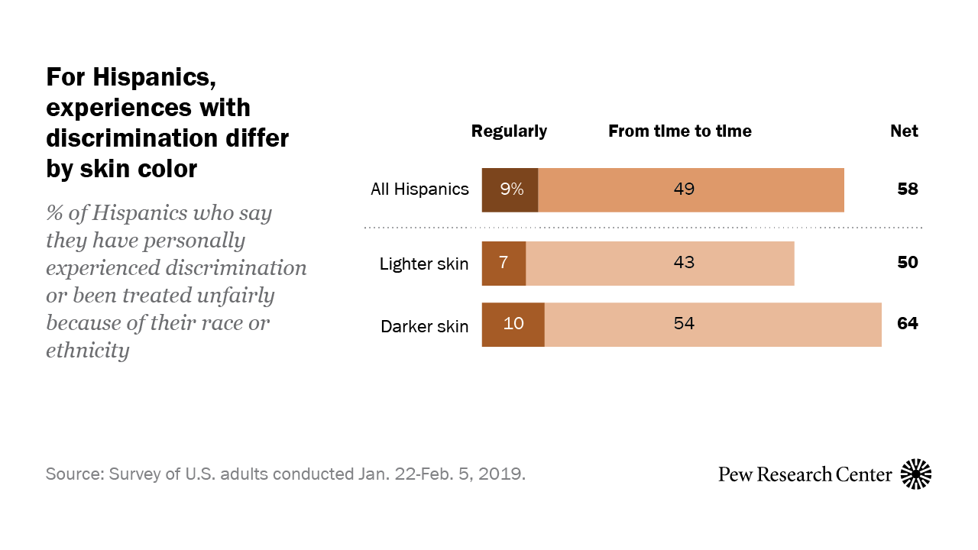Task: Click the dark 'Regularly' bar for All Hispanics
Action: click(x=510, y=189)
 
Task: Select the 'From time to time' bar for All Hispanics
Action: click(x=691, y=189)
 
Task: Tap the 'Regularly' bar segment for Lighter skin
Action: click(x=504, y=264)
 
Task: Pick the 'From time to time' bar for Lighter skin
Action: click(x=660, y=264)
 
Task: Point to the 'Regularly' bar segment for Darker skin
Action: click(x=513, y=325)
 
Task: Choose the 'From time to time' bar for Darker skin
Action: click(x=713, y=325)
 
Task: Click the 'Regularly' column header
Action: click(x=509, y=131)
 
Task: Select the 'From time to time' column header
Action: click(x=679, y=131)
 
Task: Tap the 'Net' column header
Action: click(x=904, y=131)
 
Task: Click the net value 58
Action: click(x=907, y=189)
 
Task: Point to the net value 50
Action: click(x=907, y=263)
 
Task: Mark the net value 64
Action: click(x=907, y=324)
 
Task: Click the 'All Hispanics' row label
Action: click(x=419, y=189)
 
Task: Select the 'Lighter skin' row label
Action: click(x=424, y=264)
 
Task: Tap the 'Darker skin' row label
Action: click(x=424, y=327)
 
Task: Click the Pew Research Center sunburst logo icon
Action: click(x=916, y=474)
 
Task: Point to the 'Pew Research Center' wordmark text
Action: click(x=805, y=474)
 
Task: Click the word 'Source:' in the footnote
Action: click(x=75, y=474)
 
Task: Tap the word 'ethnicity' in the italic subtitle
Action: click(x=87, y=351)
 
